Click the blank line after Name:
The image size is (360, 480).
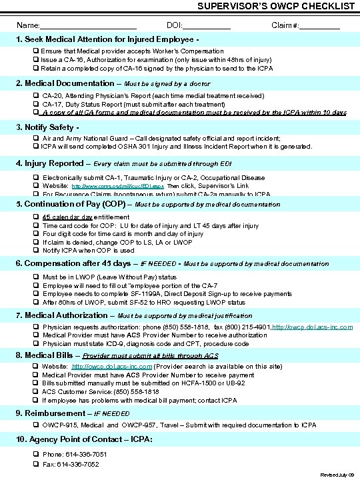click(89, 25)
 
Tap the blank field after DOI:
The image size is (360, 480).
click(206, 25)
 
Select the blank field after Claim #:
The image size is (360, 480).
click(319, 25)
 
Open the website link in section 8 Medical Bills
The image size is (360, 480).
click(113, 367)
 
